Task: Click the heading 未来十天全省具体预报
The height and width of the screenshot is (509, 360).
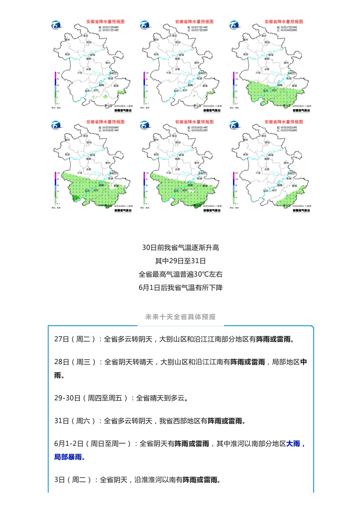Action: click(180, 317)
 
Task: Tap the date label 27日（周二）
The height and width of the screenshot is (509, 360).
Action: click(75, 339)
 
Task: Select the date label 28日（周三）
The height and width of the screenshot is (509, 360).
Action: click(75, 362)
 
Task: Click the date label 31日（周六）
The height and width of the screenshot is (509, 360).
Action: click(75, 421)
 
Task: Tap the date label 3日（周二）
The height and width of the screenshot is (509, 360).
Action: click(73, 480)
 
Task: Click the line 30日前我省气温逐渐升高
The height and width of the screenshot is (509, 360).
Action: click(180, 248)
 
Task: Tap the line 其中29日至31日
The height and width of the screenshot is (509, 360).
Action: click(180, 261)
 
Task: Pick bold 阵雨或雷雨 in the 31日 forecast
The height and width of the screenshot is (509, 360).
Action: click(226, 421)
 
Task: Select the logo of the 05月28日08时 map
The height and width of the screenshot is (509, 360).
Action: click(57, 126)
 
